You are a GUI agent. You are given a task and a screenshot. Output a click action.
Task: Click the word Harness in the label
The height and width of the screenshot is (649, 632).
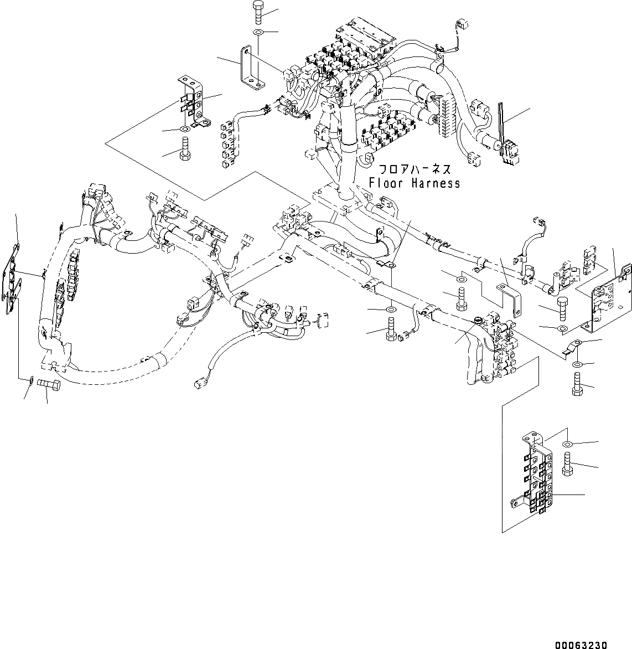click(x=435, y=183)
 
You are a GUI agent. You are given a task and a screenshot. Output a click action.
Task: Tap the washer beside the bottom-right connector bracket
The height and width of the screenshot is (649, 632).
click(x=567, y=444)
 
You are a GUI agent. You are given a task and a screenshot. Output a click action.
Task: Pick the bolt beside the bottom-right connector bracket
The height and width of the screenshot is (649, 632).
click(x=566, y=463)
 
